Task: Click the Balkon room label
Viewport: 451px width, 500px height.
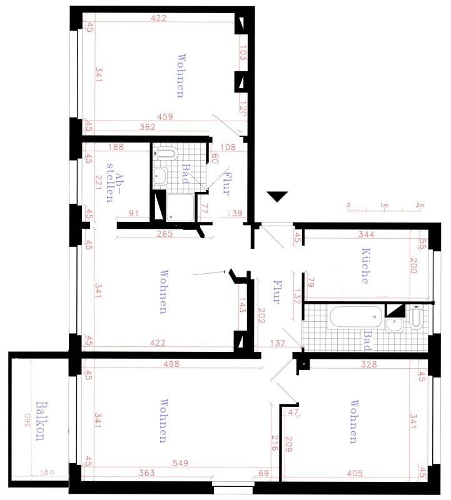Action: pos(41,421)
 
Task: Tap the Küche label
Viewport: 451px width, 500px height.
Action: pos(366,266)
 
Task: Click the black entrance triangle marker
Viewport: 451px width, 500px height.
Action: pos(278,196)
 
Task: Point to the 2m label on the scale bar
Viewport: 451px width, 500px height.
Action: pos(420,205)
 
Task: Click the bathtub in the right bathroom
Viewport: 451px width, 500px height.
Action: pos(355,316)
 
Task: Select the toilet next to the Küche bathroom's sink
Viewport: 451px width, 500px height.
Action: pos(415,317)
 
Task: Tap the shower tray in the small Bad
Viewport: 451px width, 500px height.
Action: pos(180,207)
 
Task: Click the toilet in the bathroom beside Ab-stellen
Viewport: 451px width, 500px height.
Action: pos(165,153)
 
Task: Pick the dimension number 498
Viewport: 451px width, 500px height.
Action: pos(171,364)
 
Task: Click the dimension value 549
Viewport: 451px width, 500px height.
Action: pos(180,462)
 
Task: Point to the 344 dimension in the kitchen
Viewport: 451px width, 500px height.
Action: pos(366,234)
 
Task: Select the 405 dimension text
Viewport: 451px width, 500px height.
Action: pos(355,473)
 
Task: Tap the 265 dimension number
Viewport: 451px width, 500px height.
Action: pos(165,234)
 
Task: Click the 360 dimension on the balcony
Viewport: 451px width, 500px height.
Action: pos(27,421)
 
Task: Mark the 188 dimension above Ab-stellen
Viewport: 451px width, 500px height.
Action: pos(116,147)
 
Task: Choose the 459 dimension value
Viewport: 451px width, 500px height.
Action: pos(165,117)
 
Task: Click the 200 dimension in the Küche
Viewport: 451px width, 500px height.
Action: pos(413,265)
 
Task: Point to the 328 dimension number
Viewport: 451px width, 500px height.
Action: pos(368,364)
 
